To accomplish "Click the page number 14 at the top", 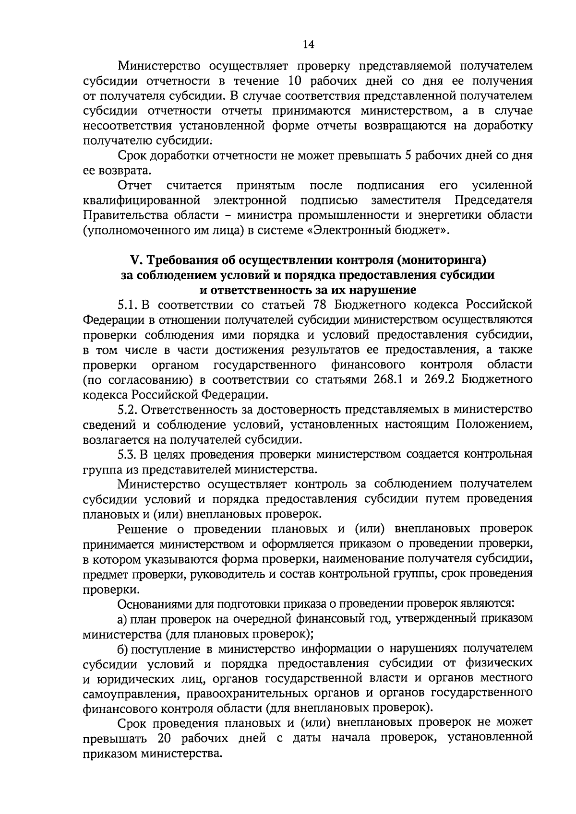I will pyautogui.click(x=308, y=45).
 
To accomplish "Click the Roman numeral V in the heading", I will pyautogui.click(x=134, y=260).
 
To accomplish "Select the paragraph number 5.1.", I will pyautogui.click(x=128, y=305).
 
